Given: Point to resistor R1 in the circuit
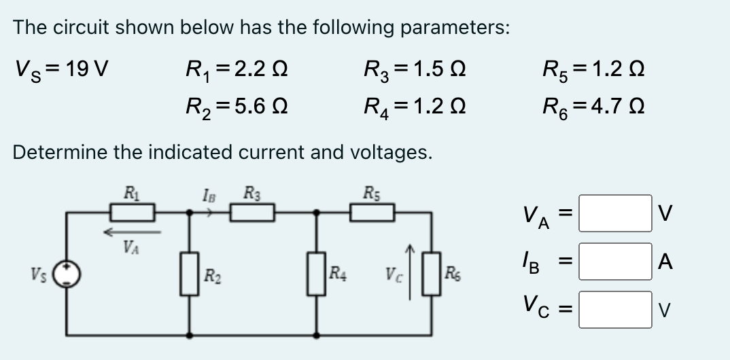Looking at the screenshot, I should point(133,213).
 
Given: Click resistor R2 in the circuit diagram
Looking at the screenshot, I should point(188,274).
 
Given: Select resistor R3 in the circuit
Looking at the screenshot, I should point(251,213).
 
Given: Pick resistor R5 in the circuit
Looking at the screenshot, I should point(373,213).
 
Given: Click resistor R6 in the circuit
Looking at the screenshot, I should point(432,274).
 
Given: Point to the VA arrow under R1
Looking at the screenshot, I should point(132,232).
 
